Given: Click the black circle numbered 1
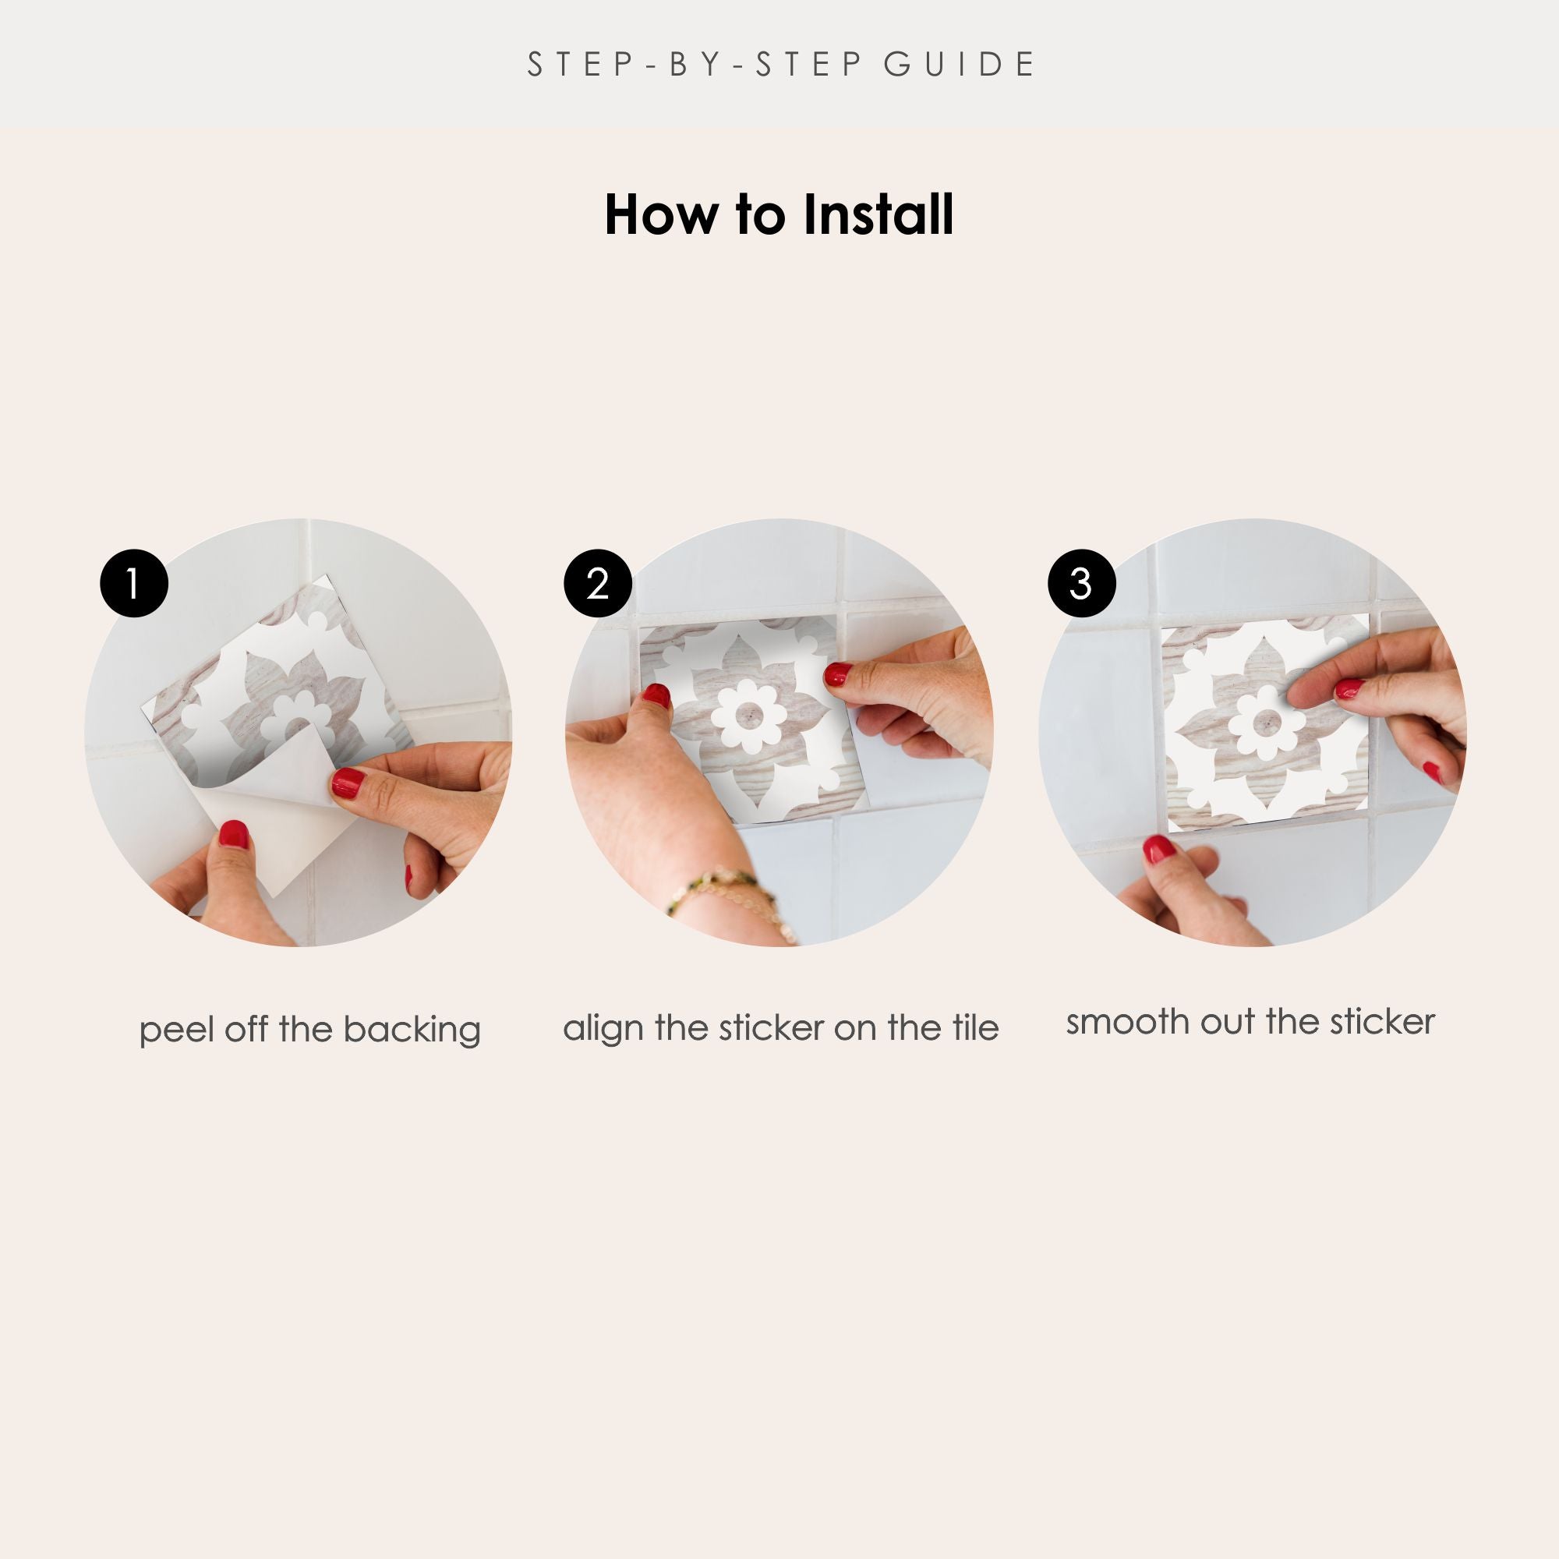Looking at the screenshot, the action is point(134,583).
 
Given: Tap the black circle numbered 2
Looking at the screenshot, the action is point(597,583).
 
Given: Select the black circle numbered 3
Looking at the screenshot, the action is point(1081,583).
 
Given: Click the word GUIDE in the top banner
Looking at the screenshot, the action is point(960,65).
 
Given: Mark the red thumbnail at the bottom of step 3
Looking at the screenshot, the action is point(1159,849).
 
